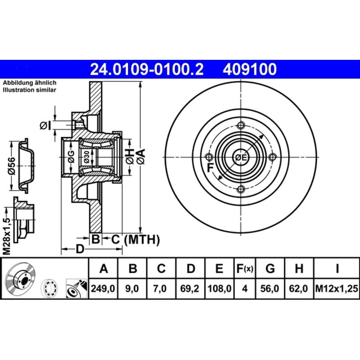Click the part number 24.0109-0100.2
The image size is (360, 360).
pyautogui.click(x=147, y=69)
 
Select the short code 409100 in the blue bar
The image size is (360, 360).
pyautogui.click(x=250, y=69)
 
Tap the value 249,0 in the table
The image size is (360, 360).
pyautogui.click(x=103, y=288)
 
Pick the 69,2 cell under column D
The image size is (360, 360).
pyautogui.click(x=189, y=288)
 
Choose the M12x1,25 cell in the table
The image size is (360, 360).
pyautogui.click(x=337, y=288)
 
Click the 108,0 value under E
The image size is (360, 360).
pyautogui.click(x=219, y=288)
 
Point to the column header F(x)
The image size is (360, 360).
pyautogui.click(x=245, y=268)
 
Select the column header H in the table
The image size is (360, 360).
pyautogui.click(x=299, y=268)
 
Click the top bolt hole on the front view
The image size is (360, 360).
pyautogui.click(x=241, y=126)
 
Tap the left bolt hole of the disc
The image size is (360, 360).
pyautogui.click(x=209, y=157)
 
